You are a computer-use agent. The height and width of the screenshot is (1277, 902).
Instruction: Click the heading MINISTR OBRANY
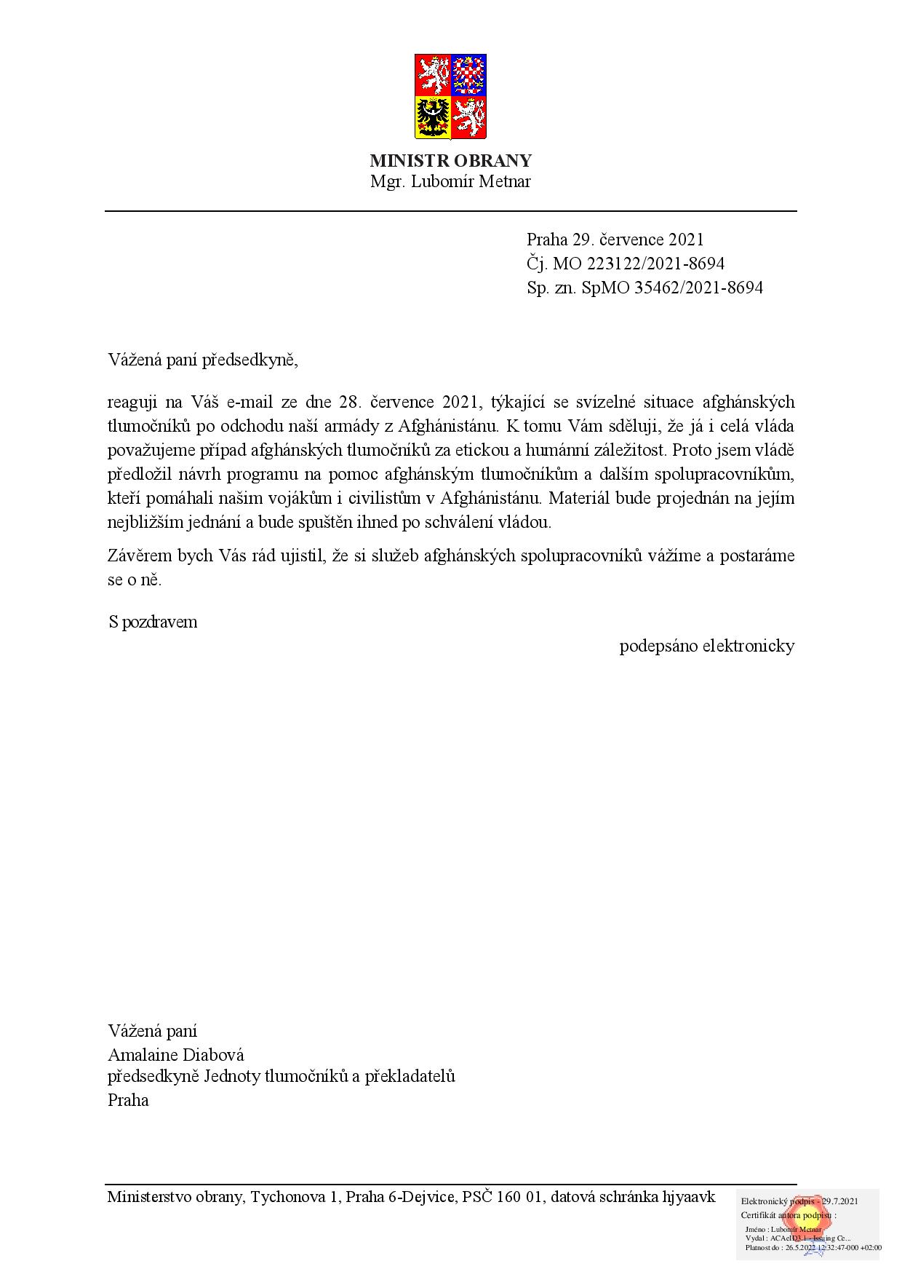(x=450, y=161)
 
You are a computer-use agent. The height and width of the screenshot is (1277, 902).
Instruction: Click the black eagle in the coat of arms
(x=433, y=117)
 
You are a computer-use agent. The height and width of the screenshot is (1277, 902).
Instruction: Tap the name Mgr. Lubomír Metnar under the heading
(x=450, y=182)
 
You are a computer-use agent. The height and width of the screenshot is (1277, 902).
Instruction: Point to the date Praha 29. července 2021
(x=615, y=240)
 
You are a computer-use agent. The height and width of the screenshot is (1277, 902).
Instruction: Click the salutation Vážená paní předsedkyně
(x=203, y=360)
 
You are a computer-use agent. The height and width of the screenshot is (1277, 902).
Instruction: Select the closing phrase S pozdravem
(x=153, y=622)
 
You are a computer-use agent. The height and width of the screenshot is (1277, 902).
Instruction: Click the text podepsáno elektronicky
(x=706, y=646)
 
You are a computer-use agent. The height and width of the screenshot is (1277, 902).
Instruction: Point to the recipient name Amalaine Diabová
(x=176, y=1055)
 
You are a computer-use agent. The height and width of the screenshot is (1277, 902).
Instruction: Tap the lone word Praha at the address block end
(x=128, y=1100)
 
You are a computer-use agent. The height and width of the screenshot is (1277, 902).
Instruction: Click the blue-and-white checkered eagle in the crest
(x=468, y=74)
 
